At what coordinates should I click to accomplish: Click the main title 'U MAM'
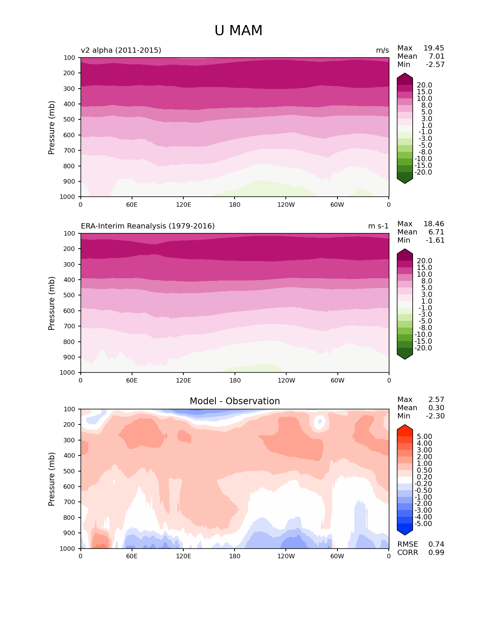click(238, 31)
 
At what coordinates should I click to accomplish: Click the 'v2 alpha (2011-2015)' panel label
click(121, 50)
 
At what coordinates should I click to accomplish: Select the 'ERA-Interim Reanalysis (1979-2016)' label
click(148, 226)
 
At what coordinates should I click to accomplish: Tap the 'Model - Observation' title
click(235, 401)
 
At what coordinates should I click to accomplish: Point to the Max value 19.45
click(434, 48)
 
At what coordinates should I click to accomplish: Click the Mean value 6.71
click(436, 232)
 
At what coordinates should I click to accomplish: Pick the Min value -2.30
click(435, 416)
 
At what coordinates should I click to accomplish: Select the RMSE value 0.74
click(436, 544)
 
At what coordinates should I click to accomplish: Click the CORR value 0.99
click(436, 552)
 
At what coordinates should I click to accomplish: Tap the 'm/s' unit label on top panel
click(382, 50)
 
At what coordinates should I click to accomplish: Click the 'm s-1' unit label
click(378, 226)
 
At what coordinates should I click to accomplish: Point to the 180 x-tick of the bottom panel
click(235, 556)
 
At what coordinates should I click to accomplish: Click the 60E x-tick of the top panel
click(132, 205)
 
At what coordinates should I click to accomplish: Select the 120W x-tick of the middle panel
click(286, 380)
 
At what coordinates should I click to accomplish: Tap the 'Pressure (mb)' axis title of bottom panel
click(52, 479)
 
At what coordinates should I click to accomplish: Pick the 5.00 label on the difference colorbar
click(424, 436)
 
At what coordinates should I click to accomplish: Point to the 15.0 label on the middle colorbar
click(424, 267)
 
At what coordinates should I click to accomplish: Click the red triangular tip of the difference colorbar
click(405, 428)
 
